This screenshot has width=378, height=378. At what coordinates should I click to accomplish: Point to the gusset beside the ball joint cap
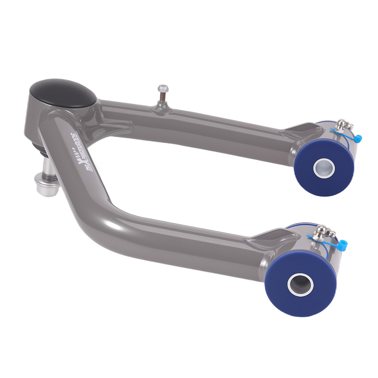pos(113,123)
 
